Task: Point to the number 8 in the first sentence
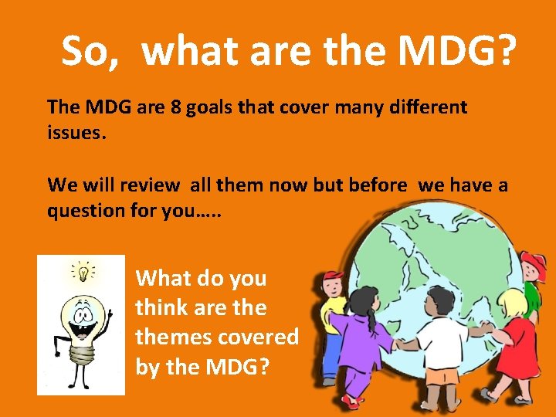[177, 107]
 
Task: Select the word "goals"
[211, 107]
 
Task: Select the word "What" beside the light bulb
[162, 278]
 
